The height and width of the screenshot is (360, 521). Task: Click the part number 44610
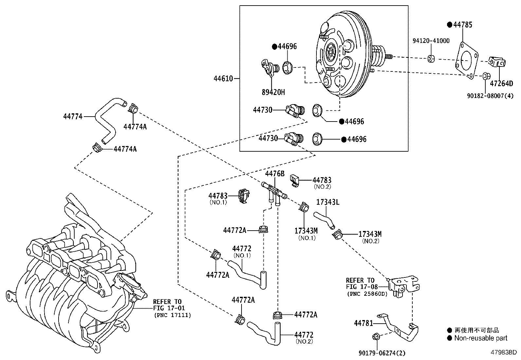coord(223,79)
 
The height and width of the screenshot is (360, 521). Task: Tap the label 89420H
coord(273,92)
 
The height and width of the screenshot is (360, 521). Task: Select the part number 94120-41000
coord(431,41)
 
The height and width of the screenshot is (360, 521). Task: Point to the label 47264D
coord(501,84)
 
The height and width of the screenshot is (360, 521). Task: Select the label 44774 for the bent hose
coord(73,116)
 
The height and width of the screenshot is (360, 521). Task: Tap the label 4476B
coord(275,174)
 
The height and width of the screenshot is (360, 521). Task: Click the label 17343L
coord(328,202)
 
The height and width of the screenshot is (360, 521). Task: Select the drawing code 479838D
coord(503,352)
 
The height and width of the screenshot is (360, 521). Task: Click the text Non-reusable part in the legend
coord(480,338)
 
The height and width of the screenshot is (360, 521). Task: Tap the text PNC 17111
coord(172,315)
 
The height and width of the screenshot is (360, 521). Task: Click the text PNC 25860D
coord(367,294)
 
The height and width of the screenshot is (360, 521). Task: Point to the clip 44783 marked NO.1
coord(243,196)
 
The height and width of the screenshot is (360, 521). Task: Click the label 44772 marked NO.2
coord(304,335)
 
